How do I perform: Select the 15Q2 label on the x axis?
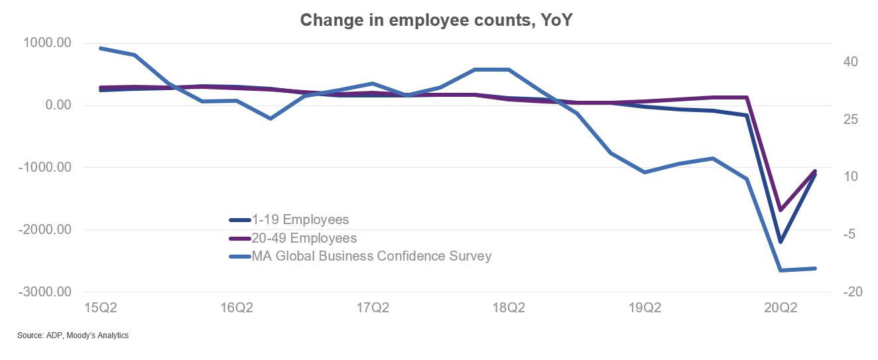pos(101,308)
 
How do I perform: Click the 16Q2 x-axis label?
pos(237,308)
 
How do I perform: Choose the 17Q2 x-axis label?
pos(373,308)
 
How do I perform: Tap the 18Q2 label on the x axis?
pos(509,308)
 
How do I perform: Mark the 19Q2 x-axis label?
pos(645,308)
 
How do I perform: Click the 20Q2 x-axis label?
pos(781,308)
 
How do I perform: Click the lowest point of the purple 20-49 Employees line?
pos(781,210)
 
